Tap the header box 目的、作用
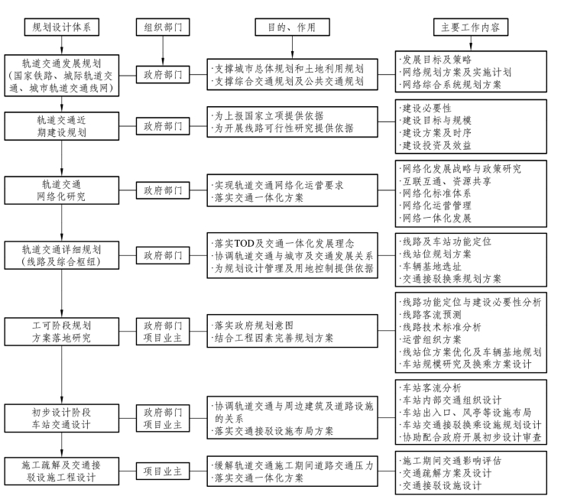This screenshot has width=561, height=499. tap(288, 27)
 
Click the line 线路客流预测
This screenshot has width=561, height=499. tap(432, 314)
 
